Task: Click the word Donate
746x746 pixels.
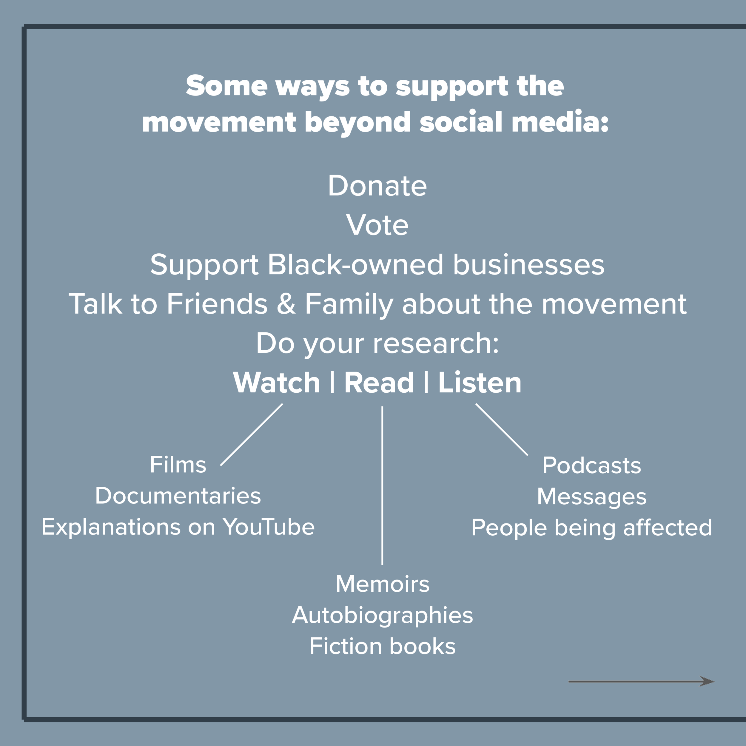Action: [377, 186]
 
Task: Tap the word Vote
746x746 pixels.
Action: [377, 225]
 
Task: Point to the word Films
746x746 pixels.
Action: [178, 465]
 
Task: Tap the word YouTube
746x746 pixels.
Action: [269, 527]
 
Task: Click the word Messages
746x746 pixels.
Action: [591, 497]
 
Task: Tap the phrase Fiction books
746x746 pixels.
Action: [382, 646]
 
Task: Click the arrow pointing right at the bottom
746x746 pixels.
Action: [641, 682]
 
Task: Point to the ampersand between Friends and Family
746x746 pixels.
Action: [286, 304]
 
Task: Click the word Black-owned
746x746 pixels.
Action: [355, 265]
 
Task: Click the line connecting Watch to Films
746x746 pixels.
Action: [251, 435]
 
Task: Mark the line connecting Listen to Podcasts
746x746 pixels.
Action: [502, 430]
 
